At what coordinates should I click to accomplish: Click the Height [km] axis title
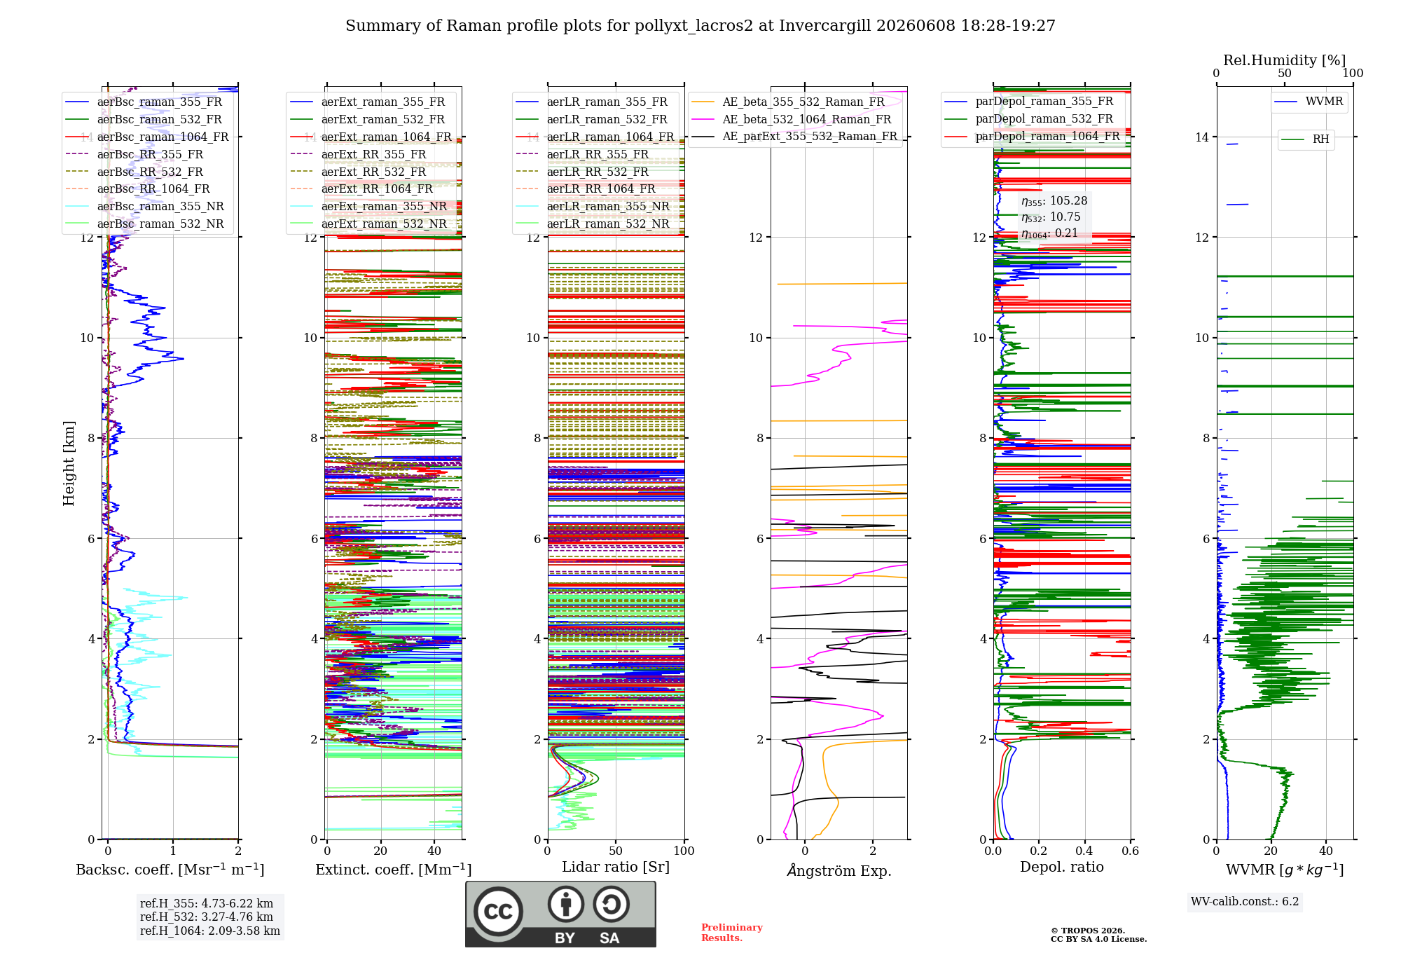coord(69,463)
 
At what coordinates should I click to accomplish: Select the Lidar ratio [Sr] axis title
coord(616,867)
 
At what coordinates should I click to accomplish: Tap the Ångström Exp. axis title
coord(839,870)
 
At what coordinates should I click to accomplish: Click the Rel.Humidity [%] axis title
coord(1285,60)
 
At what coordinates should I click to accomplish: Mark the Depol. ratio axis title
coord(1062,867)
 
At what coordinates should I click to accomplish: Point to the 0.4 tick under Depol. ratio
coord(1084,851)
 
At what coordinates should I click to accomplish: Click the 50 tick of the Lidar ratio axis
coord(616,851)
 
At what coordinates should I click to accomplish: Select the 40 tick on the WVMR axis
coord(1326,851)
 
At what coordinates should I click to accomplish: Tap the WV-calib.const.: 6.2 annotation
coord(1245,902)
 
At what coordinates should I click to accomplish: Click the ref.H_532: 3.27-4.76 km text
coord(207,917)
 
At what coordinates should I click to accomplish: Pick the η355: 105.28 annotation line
coord(1054,201)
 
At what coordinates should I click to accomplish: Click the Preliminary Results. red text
coord(732,933)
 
